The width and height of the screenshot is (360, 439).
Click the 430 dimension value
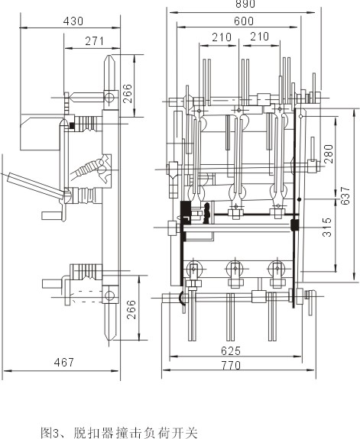pos(73,21)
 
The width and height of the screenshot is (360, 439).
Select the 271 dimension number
pos(95,41)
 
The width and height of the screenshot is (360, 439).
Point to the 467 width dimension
pos(64,363)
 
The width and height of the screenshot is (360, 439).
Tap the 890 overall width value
pos(245,4)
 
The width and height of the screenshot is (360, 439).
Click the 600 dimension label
pos(244,21)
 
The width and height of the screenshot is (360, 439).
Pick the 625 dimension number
pos(231,350)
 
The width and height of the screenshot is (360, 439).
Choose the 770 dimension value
pos(231,366)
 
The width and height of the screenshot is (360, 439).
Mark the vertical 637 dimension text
pos(345,195)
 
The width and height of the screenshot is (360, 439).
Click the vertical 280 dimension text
pos(328,154)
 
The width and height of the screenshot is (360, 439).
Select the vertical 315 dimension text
pos(327,227)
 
